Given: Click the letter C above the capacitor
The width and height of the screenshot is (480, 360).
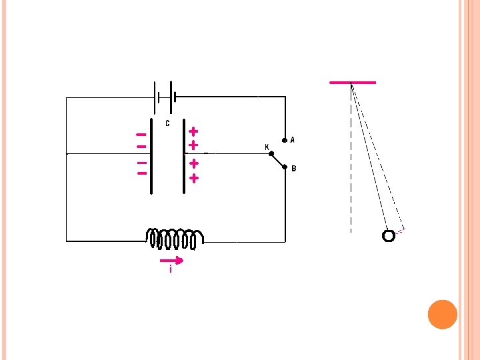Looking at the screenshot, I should [x=167, y=123].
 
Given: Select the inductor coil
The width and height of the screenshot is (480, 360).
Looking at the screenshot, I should [x=175, y=237].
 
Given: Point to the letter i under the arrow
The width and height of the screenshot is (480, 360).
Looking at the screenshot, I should [x=171, y=270].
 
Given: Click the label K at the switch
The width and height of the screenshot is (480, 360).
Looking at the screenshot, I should [x=267, y=147].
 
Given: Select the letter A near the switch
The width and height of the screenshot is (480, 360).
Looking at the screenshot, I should [x=293, y=140].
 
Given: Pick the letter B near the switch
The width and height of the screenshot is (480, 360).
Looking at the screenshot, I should [x=294, y=169].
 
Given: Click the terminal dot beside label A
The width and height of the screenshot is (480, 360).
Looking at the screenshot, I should [x=285, y=141].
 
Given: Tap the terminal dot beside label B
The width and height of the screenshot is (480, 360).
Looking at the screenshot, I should [x=285, y=168].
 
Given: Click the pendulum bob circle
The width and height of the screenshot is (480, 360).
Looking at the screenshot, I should [x=389, y=235].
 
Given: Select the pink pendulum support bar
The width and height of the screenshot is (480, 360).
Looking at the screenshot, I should [x=353, y=83].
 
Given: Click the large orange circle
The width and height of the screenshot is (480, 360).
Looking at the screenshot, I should [x=442, y=314].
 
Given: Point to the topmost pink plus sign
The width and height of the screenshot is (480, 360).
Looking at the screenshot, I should [x=193, y=131].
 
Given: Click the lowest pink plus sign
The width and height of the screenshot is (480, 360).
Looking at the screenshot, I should [x=193, y=178].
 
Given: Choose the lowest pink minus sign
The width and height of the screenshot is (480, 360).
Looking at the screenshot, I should [x=141, y=173].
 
